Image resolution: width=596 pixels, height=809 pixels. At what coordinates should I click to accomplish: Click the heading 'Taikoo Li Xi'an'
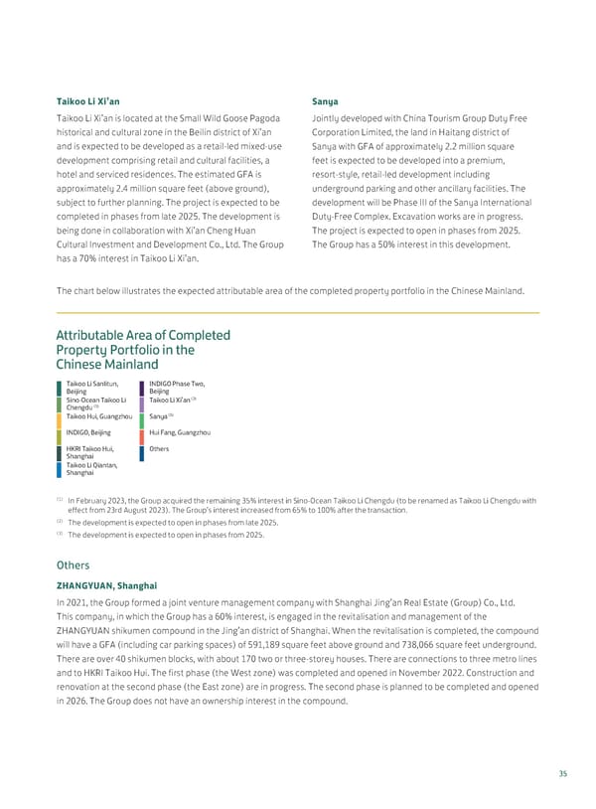click(88, 101)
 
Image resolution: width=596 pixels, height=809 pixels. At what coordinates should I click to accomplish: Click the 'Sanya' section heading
click(325, 101)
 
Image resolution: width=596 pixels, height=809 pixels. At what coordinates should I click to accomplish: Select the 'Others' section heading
click(74, 565)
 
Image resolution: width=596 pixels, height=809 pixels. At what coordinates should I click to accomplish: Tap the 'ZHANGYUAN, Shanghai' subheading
click(106, 585)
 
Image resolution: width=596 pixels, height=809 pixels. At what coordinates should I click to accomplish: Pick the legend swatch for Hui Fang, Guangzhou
click(143, 433)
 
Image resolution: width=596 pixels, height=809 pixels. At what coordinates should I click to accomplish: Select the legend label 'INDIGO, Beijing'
click(88, 433)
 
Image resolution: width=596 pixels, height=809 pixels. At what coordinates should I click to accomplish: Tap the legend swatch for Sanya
click(143, 416)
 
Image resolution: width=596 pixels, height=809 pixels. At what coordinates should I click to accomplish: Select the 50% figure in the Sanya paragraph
click(393, 244)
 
